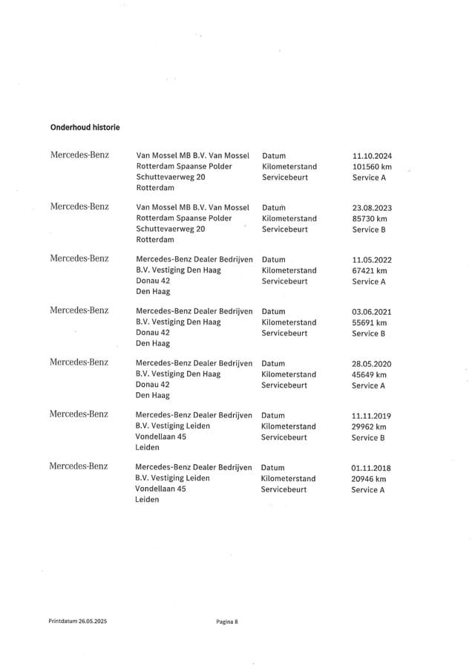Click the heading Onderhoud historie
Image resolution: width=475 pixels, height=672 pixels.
(x=85, y=127)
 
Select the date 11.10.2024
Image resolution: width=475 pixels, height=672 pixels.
(x=372, y=156)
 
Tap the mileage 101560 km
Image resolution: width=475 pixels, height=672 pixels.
(x=372, y=167)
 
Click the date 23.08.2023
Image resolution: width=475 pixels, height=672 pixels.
(x=372, y=208)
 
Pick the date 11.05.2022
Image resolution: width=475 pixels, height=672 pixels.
(x=372, y=260)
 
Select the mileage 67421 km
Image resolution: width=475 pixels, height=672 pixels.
(x=370, y=271)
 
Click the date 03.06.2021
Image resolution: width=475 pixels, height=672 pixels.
(x=372, y=312)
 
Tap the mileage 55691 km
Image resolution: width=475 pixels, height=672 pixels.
(x=370, y=323)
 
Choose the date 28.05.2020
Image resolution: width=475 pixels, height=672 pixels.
(x=372, y=364)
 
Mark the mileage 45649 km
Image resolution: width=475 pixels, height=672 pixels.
(x=370, y=375)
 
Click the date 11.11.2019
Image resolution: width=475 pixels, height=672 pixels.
(x=371, y=416)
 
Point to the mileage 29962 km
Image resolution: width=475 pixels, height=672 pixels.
(x=370, y=427)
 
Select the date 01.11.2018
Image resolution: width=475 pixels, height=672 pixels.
(x=371, y=468)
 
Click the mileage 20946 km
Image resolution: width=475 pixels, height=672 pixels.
(x=370, y=479)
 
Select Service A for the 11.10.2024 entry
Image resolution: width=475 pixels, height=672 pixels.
(x=369, y=178)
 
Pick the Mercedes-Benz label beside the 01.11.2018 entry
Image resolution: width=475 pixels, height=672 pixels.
(x=79, y=466)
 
